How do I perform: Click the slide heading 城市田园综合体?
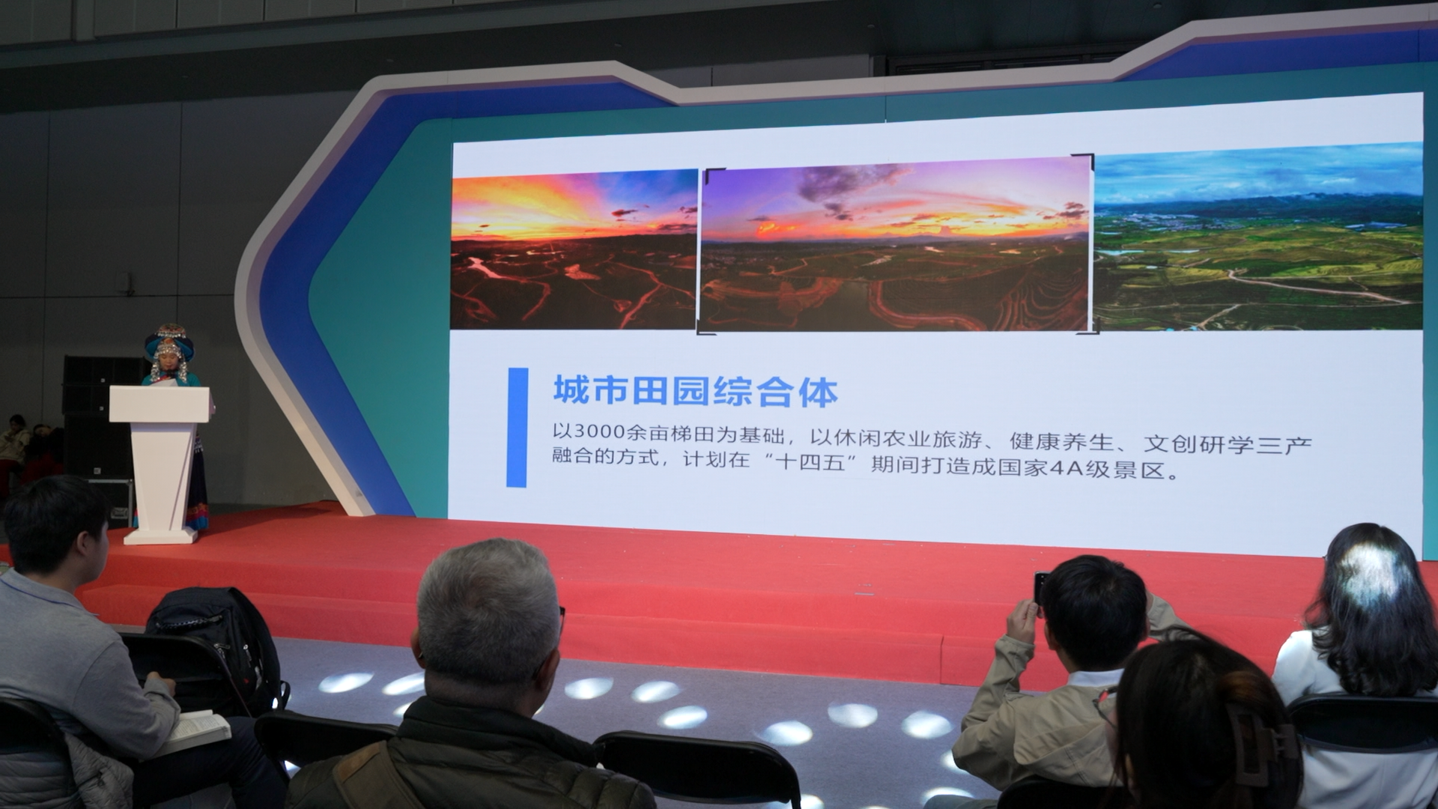click(x=695, y=392)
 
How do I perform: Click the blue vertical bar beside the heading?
click(x=517, y=427)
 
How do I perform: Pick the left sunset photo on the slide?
click(x=574, y=249)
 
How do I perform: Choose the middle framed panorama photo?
click(x=896, y=245)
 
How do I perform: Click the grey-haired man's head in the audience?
click(x=488, y=610)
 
